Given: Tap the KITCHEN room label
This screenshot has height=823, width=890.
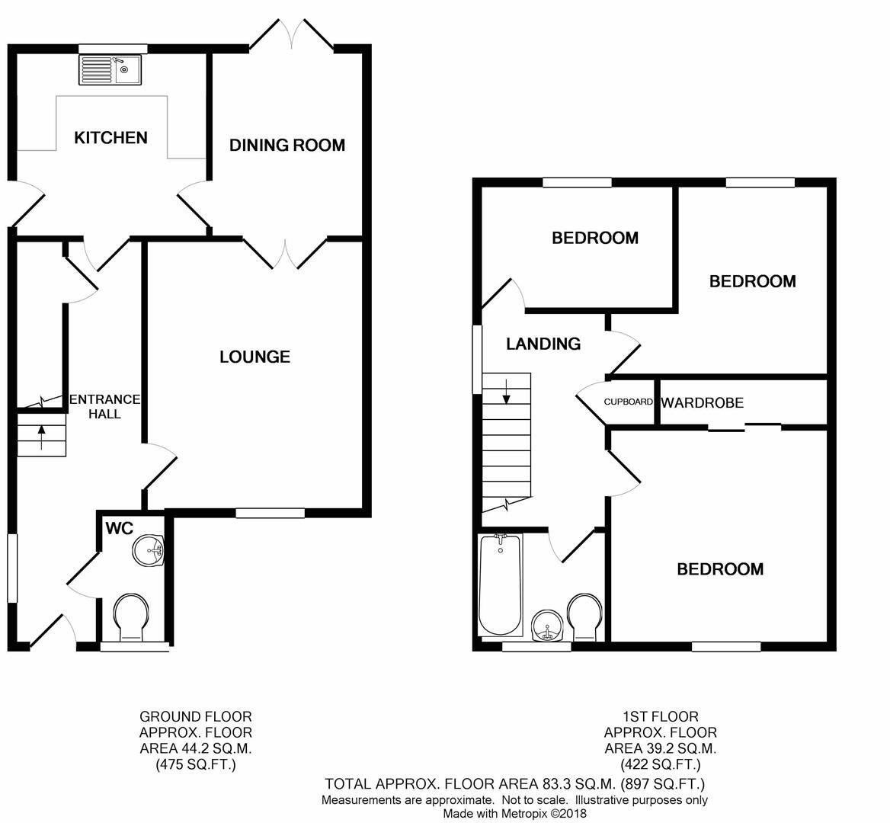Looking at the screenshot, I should tap(110, 138).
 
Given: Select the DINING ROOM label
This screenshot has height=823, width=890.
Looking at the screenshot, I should tap(287, 145).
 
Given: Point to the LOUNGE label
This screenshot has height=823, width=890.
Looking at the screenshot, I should tap(255, 357).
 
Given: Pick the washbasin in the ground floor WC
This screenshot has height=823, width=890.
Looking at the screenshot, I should tap(149, 551).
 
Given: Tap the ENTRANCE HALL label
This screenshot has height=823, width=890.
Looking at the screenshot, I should tap(104, 406).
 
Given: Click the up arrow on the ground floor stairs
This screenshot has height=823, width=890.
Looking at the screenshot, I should tap(41, 435).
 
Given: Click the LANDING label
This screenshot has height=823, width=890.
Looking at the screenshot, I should tap(543, 344).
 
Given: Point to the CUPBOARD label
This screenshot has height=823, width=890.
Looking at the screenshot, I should tap(629, 402).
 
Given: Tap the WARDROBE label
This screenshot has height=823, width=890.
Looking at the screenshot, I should tap(702, 402).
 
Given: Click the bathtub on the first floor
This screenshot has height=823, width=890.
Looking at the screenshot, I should tap(500, 584).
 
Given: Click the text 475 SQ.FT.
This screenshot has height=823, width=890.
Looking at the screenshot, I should tap(196, 764).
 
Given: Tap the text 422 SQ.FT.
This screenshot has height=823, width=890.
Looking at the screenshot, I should tap(660, 764).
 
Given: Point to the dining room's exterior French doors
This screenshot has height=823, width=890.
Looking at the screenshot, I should tap(293, 34).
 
